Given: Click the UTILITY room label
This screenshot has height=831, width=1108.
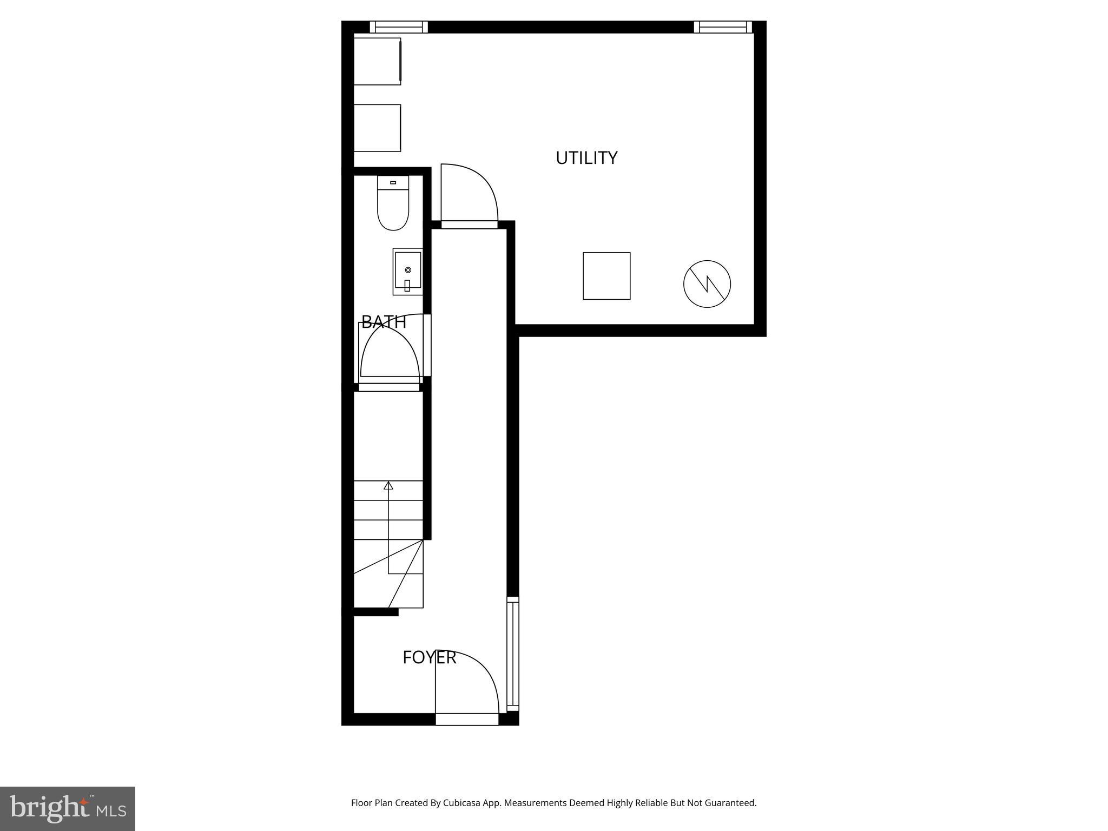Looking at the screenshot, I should pos(586,158).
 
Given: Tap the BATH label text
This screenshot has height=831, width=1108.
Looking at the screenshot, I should pos(384,322).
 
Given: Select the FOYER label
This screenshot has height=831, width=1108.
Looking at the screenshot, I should pos(430,657).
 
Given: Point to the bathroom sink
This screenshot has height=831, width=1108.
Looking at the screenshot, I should pos(407,271).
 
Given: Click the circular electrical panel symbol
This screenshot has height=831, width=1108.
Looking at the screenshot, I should pos(707,284).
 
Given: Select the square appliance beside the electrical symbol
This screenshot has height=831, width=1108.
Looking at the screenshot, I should pos(606,276).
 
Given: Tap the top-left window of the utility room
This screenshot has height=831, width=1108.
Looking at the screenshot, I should pos(399,27).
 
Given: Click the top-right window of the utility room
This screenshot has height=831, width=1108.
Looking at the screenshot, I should pos(723,27).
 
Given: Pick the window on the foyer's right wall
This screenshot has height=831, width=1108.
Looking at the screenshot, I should pos(512,654).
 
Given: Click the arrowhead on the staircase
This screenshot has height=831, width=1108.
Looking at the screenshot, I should pos(388,485).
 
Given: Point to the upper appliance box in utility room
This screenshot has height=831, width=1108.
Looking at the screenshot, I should pos(377,61).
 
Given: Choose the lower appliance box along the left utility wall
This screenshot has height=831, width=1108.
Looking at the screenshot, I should pos(377,128).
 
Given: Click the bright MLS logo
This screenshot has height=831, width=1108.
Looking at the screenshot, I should pos(68,809).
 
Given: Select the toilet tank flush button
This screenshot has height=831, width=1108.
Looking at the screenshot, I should pos(393,183).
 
